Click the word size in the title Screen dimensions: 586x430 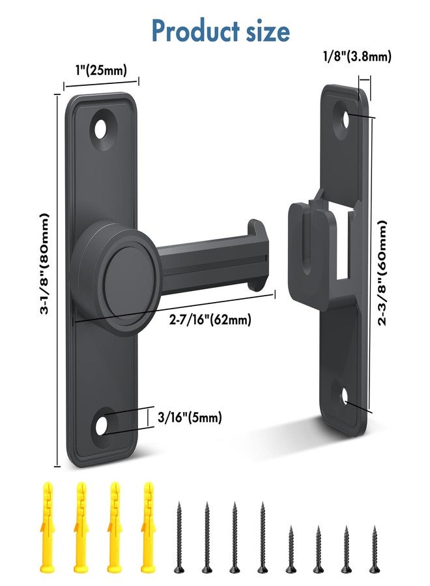click(x=261, y=30)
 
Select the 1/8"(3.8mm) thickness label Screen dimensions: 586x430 click(x=358, y=57)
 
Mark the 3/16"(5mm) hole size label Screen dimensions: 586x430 click(x=190, y=417)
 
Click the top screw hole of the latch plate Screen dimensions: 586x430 click(x=101, y=129)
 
